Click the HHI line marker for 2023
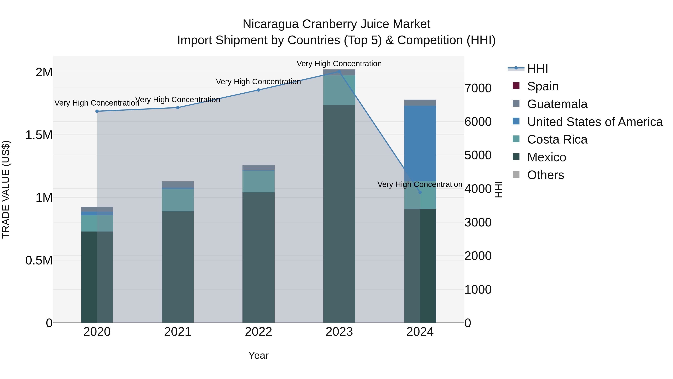click(x=339, y=72)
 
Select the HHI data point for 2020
click(x=97, y=111)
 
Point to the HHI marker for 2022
click(x=258, y=90)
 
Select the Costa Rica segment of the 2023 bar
click(x=339, y=90)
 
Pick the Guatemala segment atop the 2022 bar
click(x=258, y=167)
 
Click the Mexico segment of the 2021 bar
click(x=178, y=267)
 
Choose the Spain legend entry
click(x=543, y=86)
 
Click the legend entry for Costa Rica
click(x=557, y=139)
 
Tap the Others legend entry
click(x=545, y=175)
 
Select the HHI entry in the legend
click(x=537, y=69)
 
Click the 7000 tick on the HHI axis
click(x=478, y=88)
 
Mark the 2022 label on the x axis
click(x=258, y=332)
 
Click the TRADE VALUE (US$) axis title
click(x=6, y=189)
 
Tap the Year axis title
click(x=258, y=355)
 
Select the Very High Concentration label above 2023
click(x=339, y=64)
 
